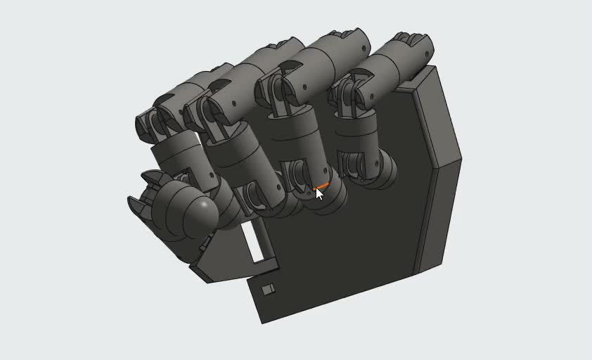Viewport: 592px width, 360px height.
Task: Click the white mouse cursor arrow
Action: pyautogui.click(x=319, y=193)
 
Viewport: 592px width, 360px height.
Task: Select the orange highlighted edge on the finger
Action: pyautogui.click(x=322, y=186)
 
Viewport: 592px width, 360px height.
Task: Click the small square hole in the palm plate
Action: pyautogui.click(x=268, y=290)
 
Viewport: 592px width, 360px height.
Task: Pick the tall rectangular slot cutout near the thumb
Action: pyautogui.click(x=255, y=243)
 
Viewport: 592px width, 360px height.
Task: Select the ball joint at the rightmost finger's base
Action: pyautogui.click(x=384, y=172)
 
